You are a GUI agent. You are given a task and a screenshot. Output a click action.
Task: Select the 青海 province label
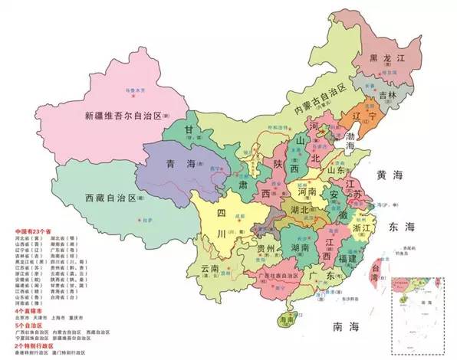coord(181,162)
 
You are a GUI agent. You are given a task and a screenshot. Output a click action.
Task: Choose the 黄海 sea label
coord(389,175)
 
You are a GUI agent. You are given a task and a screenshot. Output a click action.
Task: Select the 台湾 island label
coord(375,269)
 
